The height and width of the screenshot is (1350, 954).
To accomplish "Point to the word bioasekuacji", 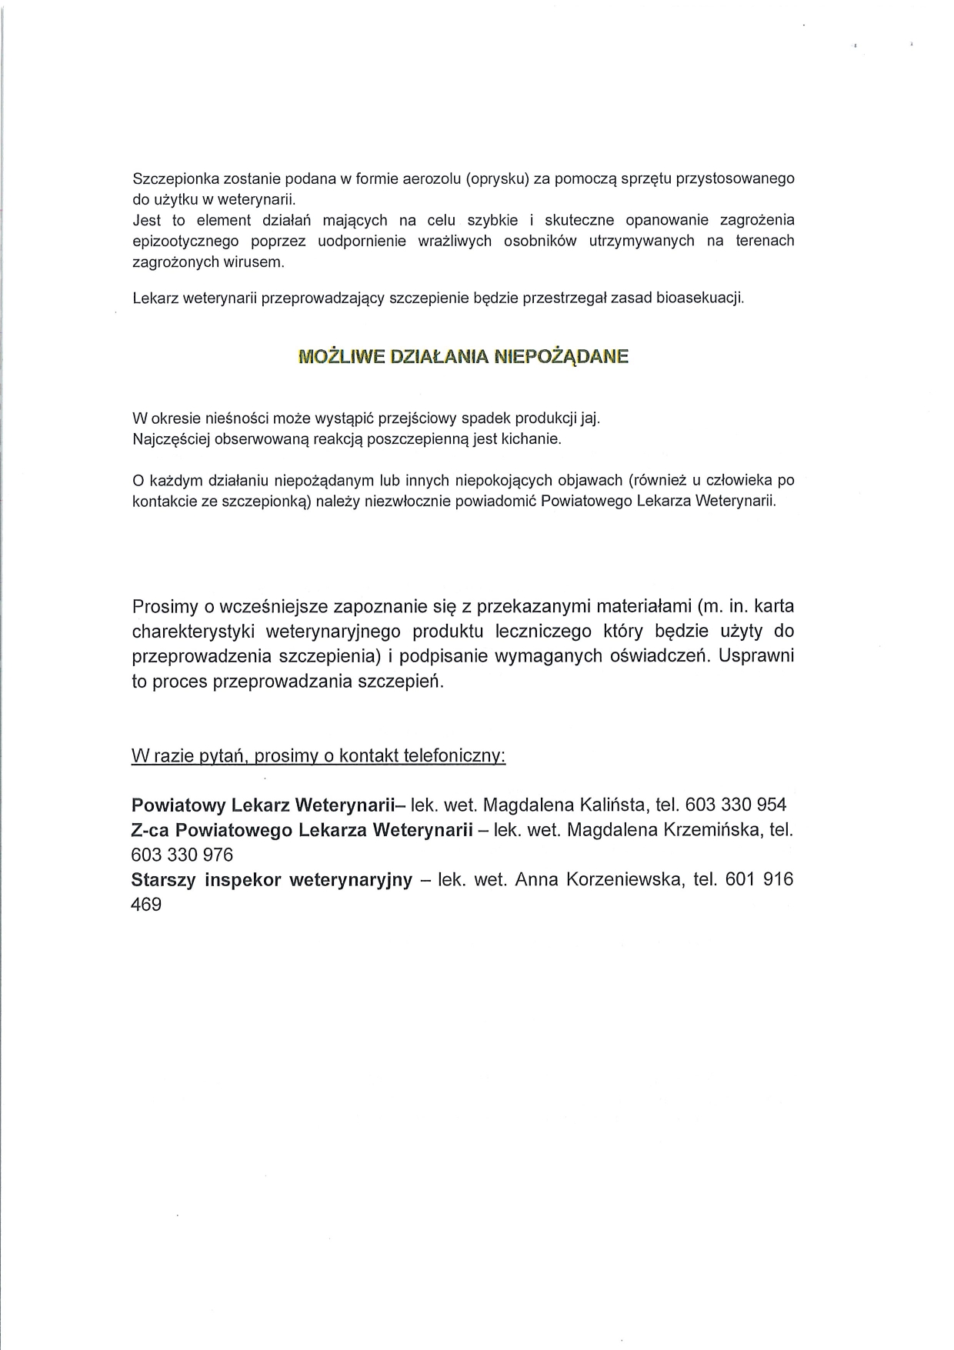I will tap(699, 298).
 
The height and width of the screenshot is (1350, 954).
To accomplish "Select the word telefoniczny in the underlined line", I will tap(459, 756).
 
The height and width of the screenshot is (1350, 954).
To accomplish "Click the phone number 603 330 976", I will tap(182, 855).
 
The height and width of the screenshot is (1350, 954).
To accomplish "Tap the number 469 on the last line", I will tap(146, 904).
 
